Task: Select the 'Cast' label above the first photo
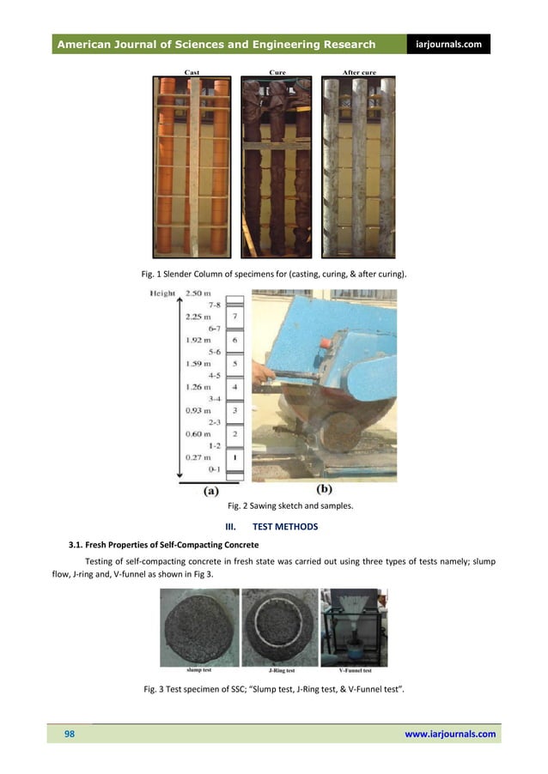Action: [192, 73]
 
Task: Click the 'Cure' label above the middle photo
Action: [277, 73]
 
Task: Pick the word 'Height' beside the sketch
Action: [162, 293]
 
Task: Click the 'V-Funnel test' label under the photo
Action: [354, 670]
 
